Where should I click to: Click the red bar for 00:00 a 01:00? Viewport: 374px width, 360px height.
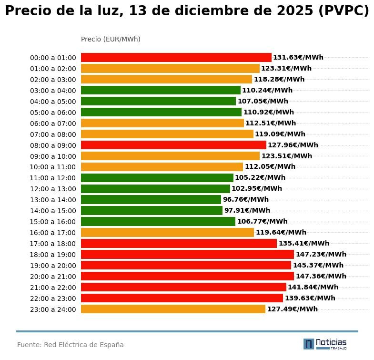(x=176, y=58)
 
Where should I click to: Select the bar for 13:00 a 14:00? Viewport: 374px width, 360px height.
(x=151, y=200)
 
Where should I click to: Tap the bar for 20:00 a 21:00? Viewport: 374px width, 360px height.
(x=187, y=277)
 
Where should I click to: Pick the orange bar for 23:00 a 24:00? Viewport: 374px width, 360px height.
(x=173, y=309)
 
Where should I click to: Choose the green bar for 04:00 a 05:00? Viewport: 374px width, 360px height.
(x=158, y=102)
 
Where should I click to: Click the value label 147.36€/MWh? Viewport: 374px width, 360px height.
(x=321, y=277)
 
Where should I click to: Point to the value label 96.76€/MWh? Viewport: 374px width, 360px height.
(x=245, y=200)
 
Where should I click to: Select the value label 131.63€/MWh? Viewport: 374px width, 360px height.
(x=298, y=58)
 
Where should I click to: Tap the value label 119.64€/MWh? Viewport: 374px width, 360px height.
(x=281, y=233)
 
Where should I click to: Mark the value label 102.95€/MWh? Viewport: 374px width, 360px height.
(x=256, y=189)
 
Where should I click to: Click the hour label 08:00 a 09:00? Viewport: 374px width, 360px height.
(x=53, y=145)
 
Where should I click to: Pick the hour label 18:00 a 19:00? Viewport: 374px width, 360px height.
(x=53, y=255)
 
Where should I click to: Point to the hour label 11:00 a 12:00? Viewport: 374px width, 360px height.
(x=53, y=178)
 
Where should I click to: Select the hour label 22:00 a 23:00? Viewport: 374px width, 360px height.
(x=53, y=298)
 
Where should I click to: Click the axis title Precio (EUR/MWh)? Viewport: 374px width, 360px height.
(x=111, y=40)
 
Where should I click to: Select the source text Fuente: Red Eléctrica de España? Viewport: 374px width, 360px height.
(x=71, y=345)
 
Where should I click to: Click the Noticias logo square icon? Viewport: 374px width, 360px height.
(x=309, y=344)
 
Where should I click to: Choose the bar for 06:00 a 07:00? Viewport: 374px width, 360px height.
(x=162, y=123)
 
